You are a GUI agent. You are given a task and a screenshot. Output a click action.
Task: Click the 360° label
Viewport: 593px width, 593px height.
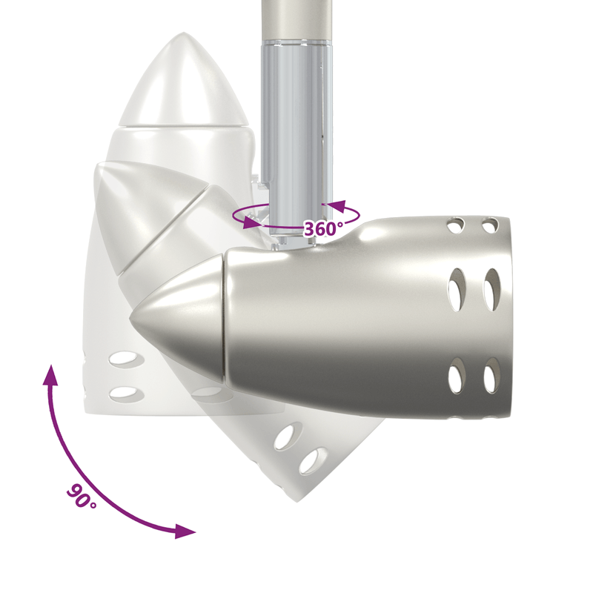tap(323, 229)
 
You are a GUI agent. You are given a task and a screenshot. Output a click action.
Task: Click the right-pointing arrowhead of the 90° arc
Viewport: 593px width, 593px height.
tap(185, 531)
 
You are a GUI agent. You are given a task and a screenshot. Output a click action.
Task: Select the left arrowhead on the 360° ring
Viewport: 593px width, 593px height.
tap(252, 222)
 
